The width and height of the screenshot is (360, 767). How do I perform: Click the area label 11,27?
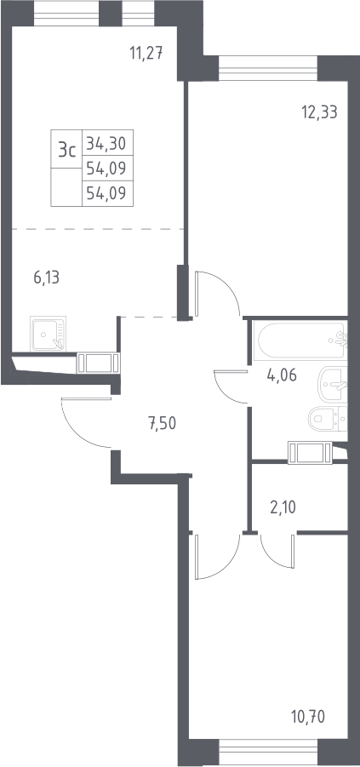pos(146,51)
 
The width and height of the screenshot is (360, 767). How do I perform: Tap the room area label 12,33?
pos(320,112)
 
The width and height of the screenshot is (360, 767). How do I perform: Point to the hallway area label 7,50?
pos(162,422)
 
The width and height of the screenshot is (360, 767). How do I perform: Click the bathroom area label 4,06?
pos(283,375)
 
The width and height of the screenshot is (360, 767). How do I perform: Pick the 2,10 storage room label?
pos(283,507)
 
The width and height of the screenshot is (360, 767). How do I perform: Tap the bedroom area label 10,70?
pos(308,718)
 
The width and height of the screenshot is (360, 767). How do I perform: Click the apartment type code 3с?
pos(67,149)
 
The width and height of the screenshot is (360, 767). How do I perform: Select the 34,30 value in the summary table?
pos(106,143)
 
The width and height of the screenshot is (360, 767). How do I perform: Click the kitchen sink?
pos(48,334)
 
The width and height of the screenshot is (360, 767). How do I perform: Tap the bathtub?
pos(300,341)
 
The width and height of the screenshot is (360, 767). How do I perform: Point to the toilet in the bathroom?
pos(327,419)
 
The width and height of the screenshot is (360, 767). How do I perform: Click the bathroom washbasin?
pos(333,385)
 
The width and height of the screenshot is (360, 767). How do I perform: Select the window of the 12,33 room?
pos(268,68)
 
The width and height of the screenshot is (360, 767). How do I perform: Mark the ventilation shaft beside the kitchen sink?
pos(99,363)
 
